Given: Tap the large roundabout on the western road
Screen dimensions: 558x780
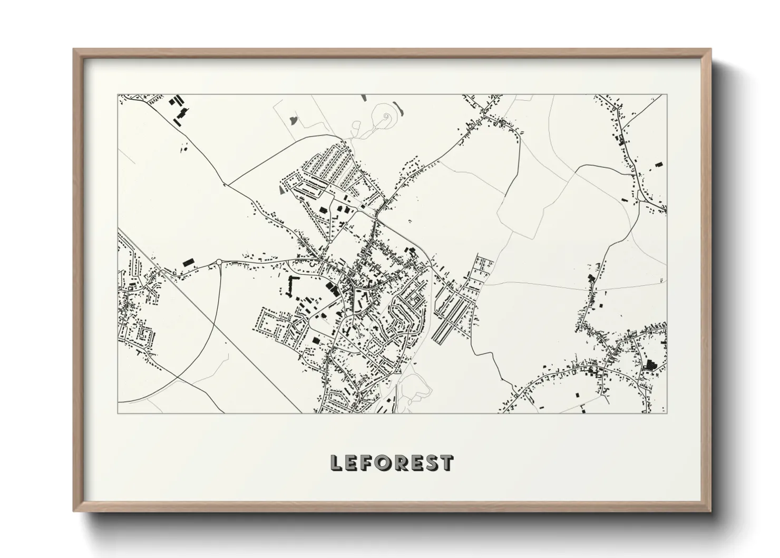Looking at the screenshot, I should pos(219,262).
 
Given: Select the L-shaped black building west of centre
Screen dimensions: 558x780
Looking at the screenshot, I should pos(290,285).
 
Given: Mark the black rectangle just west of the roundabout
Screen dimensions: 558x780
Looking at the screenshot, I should pos(188,261).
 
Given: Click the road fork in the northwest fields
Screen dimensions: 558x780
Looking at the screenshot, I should pos(226,185).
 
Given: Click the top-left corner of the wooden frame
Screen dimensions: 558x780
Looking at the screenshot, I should pos(74,50).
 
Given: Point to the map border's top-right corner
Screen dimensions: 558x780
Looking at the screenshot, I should pos(667,95).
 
